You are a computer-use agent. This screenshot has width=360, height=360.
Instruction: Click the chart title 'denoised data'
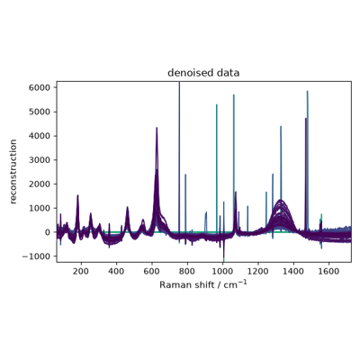click(x=203, y=73)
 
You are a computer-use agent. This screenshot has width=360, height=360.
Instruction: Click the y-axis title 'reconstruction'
click(x=13, y=172)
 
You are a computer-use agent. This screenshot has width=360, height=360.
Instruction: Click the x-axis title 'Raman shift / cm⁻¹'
click(x=203, y=284)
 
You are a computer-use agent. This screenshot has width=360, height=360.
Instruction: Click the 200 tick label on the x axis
click(x=81, y=271)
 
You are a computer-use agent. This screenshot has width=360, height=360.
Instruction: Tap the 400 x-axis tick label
click(x=116, y=271)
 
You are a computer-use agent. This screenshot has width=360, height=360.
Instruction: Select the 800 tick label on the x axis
click(x=187, y=271)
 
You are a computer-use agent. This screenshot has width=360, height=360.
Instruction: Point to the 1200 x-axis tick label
click(x=258, y=271)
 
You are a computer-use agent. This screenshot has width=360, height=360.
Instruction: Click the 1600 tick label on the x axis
click(x=329, y=271)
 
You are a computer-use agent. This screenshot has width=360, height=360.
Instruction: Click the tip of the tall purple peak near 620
click(x=157, y=128)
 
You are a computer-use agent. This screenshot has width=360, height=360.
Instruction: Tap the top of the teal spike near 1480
click(x=307, y=91)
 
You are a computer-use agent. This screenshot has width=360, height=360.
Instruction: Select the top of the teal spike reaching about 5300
click(x=217, y=104)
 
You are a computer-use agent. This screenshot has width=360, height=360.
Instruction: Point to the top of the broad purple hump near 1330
click(x=281, y=200)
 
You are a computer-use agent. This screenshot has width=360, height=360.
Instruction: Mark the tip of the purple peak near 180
click(x=77, y=195)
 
